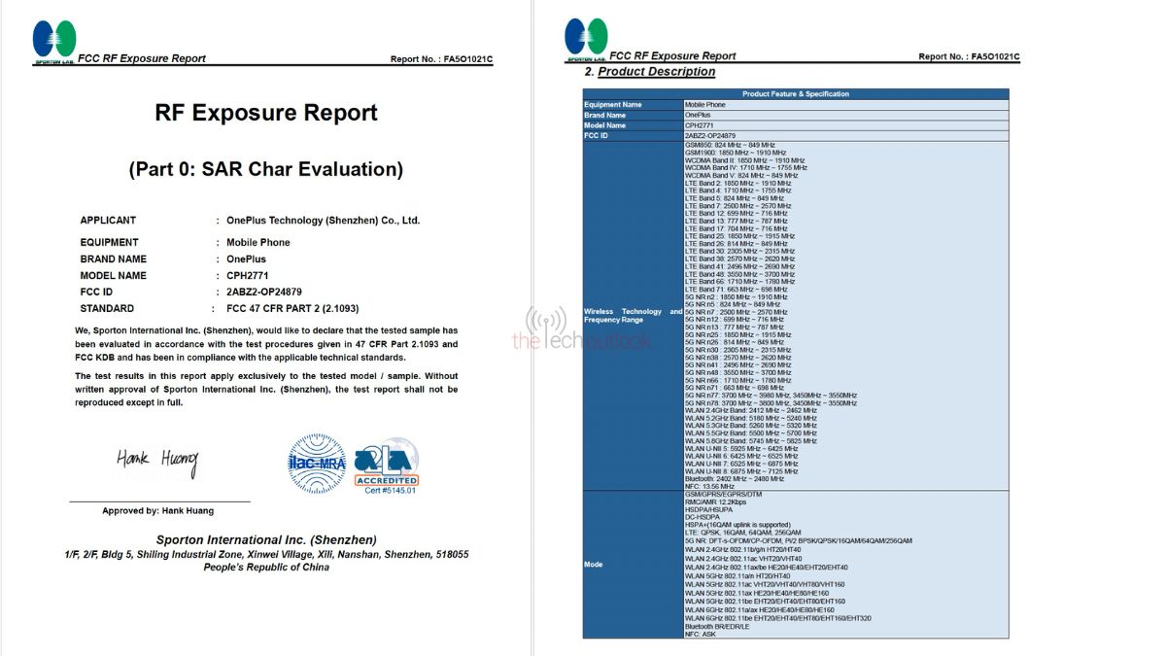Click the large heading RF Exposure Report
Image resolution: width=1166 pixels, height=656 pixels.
click(x=265, y=113)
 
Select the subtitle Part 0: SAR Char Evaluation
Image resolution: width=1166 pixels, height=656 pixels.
click(x=265, y=169)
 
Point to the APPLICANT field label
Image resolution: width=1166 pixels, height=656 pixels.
click(x=108, y=221)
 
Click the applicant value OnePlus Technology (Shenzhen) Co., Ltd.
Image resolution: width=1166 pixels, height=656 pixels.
click(x=323, y=221)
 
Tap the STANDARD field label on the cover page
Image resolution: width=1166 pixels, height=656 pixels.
click(x=107, y=309)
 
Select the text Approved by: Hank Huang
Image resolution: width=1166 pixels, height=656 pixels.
click(x=158, y=510)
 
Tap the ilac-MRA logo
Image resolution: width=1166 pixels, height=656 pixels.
click(x=316, y=464)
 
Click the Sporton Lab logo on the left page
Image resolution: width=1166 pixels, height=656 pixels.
click(x=53, y=42)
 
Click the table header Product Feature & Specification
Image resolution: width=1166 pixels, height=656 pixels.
click(x=795, y=94)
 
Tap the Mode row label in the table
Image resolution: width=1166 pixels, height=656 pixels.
click(x=593, y=564)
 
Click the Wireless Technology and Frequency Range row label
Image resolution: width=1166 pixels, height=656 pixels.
click(x=633, y=317)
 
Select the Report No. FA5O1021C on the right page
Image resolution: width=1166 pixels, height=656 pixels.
click(x=968, y=57)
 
